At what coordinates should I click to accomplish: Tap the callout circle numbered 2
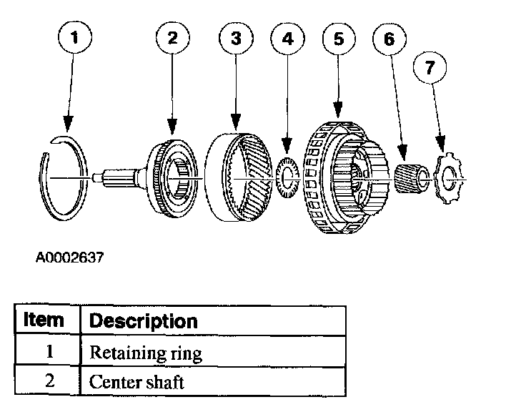(x=172, y=39)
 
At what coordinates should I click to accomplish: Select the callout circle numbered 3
(x=235, y=39)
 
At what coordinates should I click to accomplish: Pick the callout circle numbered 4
(x=288, y=39)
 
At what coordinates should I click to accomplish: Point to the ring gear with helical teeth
(x=239, y=172)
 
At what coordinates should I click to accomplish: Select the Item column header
(x=44, y=320)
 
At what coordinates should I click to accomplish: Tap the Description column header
(x=143, y=320)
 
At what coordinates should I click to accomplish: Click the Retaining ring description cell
(x=146, y=353)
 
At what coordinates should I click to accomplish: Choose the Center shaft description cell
(x=137, y=381)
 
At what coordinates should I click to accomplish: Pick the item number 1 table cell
(x=49, y=353)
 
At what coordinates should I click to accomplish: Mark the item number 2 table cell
(x=49, y=381)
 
